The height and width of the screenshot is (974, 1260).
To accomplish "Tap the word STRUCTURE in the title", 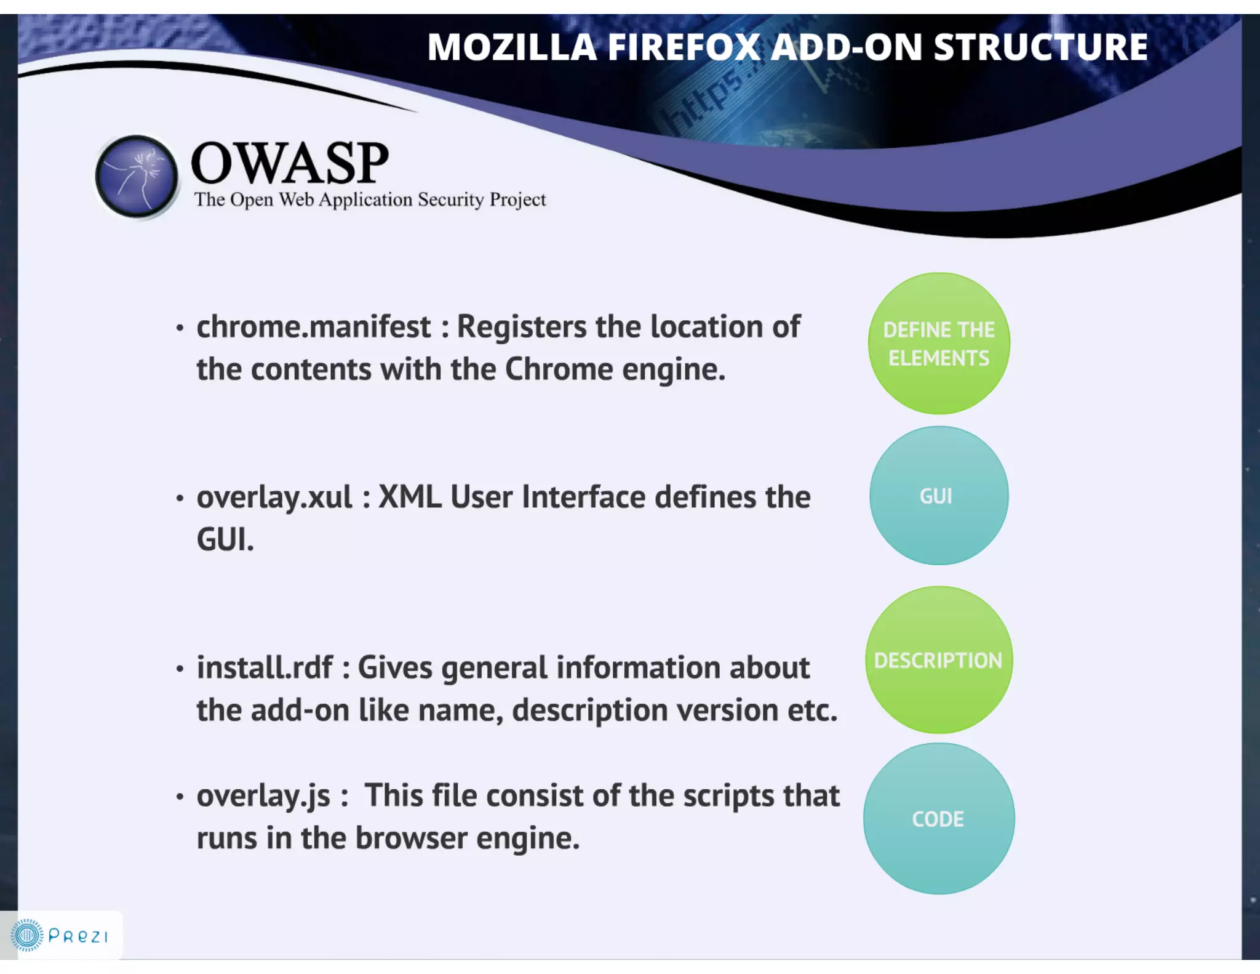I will coord(1040,47).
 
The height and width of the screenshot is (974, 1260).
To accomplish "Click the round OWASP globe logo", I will coord(137,176).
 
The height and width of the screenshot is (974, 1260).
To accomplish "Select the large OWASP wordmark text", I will coord(290,163).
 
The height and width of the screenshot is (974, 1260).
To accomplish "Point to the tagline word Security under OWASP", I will coord(451,199).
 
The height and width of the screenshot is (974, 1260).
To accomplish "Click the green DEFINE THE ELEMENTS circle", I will coord(939,344).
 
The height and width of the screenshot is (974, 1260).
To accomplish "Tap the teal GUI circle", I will coord(939,496).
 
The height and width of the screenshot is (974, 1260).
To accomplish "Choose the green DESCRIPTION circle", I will coord(939,660).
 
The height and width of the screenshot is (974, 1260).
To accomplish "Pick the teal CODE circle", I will coord(939,819).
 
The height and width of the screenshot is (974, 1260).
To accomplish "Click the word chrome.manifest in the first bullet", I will coord(314,327).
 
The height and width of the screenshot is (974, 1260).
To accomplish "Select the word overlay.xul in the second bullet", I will coord(274,497).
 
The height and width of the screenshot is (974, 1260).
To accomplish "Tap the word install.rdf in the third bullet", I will coord(265,668).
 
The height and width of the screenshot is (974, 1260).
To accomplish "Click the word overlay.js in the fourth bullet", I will coord(263,796).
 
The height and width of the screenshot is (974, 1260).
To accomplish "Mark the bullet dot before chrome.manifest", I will coord(180,328).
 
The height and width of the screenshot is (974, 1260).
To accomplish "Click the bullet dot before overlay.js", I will coord(180,797).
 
